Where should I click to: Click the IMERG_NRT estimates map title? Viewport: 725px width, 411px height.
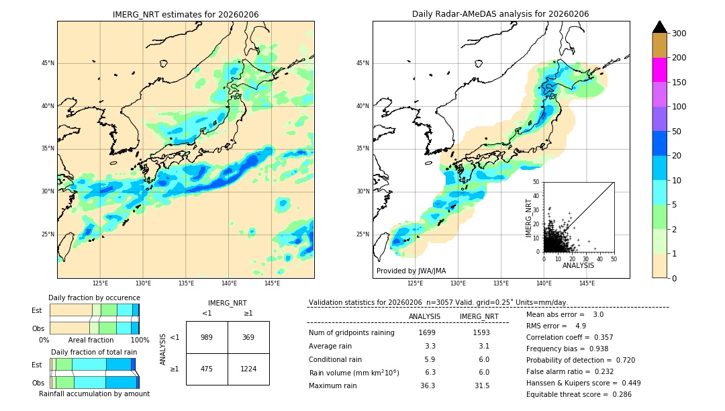185,15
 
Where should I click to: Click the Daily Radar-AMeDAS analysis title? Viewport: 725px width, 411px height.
501,15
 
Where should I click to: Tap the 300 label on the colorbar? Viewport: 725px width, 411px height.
679,34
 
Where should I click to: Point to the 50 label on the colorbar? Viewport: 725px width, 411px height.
677,132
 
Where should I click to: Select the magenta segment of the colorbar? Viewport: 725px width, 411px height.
660,70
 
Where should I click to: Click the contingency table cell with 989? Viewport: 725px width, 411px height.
207,337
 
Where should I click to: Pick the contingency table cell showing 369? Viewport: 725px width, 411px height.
248,337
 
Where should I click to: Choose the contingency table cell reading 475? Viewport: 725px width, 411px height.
207,369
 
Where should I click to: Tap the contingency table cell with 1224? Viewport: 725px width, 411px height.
248,369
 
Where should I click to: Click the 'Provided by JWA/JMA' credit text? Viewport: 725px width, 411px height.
411,271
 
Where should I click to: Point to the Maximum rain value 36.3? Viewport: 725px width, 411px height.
427,385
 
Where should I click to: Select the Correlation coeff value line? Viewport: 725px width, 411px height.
569,337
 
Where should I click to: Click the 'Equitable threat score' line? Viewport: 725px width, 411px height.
579,394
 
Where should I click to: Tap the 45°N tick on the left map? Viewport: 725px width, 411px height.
48,63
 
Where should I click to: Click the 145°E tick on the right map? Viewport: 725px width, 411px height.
587,283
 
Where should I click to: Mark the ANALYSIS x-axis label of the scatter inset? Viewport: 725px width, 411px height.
578,265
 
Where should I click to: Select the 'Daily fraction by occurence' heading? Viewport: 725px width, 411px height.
94,298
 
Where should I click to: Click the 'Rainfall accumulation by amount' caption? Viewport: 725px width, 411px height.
94,394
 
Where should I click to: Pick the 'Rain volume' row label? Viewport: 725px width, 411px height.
354,373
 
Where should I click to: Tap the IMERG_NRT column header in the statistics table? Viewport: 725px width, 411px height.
479,316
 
